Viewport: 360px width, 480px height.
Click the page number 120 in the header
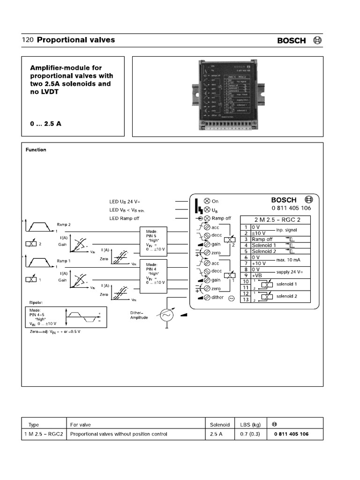27,40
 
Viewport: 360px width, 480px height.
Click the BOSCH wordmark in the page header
291,41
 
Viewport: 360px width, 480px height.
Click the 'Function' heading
36,150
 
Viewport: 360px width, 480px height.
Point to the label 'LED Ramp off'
124,218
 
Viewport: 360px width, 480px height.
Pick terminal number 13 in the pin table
245,300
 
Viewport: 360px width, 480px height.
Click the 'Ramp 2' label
64,225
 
